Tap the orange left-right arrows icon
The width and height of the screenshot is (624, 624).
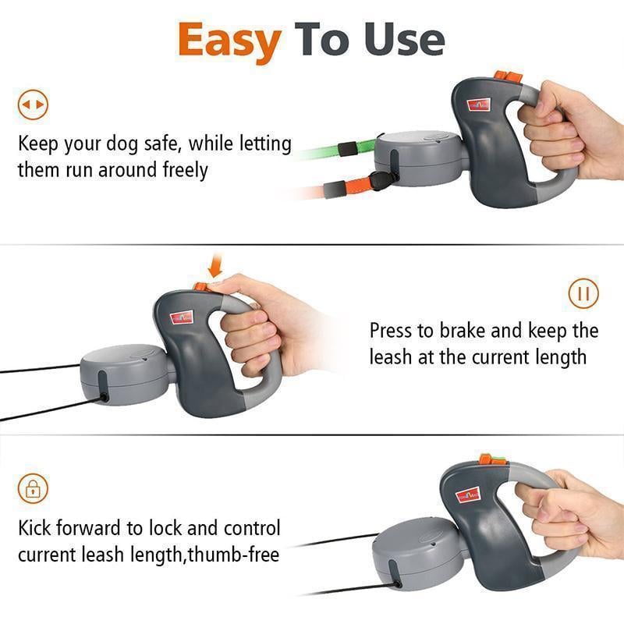33,105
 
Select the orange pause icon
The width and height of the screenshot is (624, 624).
583,293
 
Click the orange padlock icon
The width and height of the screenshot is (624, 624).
33,489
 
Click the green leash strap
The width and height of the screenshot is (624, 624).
335,147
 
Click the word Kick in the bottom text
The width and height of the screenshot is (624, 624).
37,528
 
